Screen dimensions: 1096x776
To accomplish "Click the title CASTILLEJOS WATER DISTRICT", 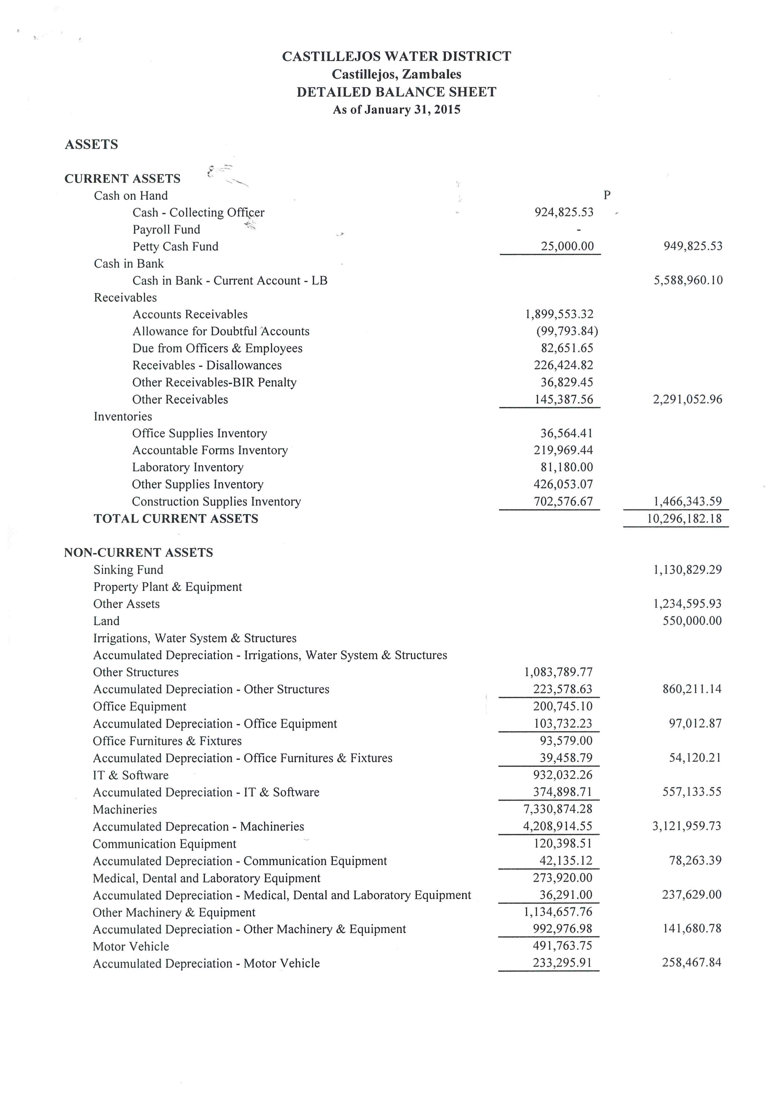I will (x=396, y=56).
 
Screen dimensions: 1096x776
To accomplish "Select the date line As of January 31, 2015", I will (x=396, y=110).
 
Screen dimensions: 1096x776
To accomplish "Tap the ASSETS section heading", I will (x=91, y=144).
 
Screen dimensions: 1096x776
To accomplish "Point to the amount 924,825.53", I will (x=564, y=213).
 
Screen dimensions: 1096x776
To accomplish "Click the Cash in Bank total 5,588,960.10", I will (x=688, y=280).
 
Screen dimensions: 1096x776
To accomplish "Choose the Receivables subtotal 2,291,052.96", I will (x=687, y=399).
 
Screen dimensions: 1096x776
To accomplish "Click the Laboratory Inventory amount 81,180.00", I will (x=567, y=467).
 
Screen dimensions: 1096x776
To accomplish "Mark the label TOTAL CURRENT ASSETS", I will (x=176, y=519).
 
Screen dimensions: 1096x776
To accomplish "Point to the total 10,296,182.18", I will (x=684, y=519).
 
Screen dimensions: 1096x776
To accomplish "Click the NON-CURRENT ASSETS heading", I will (x=139, y=553).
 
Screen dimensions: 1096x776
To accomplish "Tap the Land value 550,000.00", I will (x=692, y=621).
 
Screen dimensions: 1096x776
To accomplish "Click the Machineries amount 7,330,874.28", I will (x=558, y=809).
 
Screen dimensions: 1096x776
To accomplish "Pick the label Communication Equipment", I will (x=164, y=844).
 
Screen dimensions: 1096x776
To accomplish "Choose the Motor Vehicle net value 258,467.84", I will (x=692, y=963).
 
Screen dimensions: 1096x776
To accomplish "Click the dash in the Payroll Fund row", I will (x=579, y=230).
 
